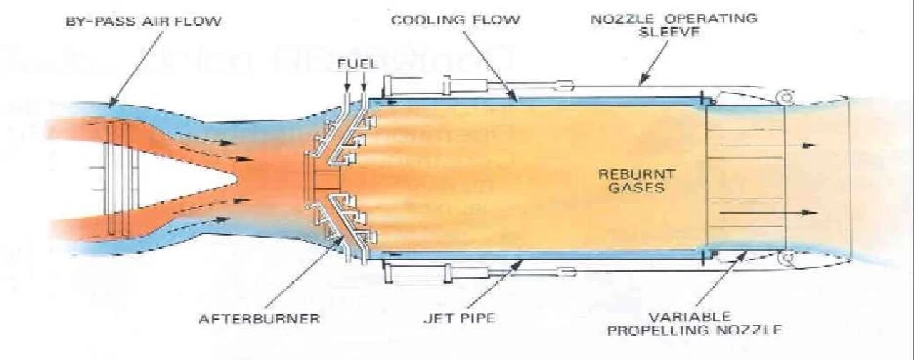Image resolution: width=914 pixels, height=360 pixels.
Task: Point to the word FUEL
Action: pos(353,64)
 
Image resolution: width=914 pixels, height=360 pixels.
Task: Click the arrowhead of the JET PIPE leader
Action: pos(522,262)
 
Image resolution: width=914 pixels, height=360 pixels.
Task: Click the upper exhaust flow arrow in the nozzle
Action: pos(810,144)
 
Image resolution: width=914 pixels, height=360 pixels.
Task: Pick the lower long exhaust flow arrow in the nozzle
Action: pos(810,213)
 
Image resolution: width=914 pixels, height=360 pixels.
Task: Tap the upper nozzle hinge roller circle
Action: pos(785,96)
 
